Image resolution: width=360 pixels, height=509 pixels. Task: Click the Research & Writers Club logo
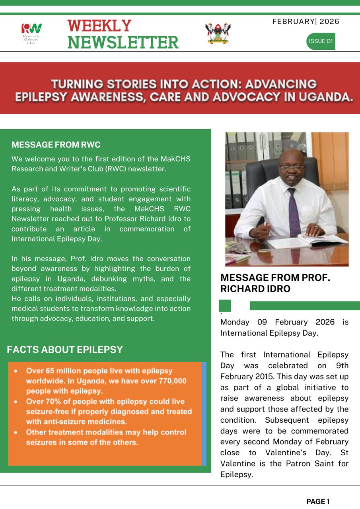31,33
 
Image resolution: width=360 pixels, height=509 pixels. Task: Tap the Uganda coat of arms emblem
218,33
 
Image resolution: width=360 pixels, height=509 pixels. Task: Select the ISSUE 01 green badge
321,41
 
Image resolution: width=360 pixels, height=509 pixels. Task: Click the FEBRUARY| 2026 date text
306,21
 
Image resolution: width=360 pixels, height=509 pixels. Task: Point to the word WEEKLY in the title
99,26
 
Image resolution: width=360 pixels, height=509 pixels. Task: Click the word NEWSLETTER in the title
123,42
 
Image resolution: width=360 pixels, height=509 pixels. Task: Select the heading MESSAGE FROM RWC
56,145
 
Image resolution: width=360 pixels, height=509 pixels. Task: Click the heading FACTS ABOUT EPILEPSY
65,350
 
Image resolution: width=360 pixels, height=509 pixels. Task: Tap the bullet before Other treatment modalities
15,432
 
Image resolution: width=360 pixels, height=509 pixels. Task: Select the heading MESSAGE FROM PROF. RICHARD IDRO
275,283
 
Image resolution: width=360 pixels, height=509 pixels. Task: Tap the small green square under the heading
225,305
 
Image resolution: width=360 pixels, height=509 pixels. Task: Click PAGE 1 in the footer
318,502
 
